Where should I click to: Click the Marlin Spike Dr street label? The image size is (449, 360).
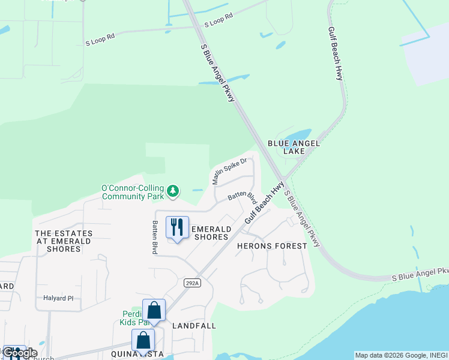click(229, 171)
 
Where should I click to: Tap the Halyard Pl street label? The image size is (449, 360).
click(58, 298)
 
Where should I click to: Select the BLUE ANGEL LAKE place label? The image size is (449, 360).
click(294, 148)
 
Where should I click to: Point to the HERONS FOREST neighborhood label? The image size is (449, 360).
click(272, 246)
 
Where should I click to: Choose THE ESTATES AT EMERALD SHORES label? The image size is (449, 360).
click(64, 241)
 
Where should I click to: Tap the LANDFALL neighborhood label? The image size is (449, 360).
click(194, 326)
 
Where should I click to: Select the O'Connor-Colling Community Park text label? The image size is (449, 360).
click(133, 192)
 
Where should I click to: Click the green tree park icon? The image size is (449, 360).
click(173, 191)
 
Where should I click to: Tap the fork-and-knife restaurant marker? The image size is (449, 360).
click(176, 227)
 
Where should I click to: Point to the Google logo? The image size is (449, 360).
click(20, 353)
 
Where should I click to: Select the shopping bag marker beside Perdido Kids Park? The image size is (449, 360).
click(154, 310)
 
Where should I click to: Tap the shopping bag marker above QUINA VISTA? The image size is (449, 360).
click(143, 340)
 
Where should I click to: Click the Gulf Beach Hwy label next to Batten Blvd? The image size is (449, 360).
click(265, 204)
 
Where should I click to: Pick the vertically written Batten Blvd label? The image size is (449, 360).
click(155, 237)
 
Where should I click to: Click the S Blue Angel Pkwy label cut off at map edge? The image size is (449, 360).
click(420, 274)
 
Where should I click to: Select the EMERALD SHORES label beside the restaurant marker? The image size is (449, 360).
click(210, 233)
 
